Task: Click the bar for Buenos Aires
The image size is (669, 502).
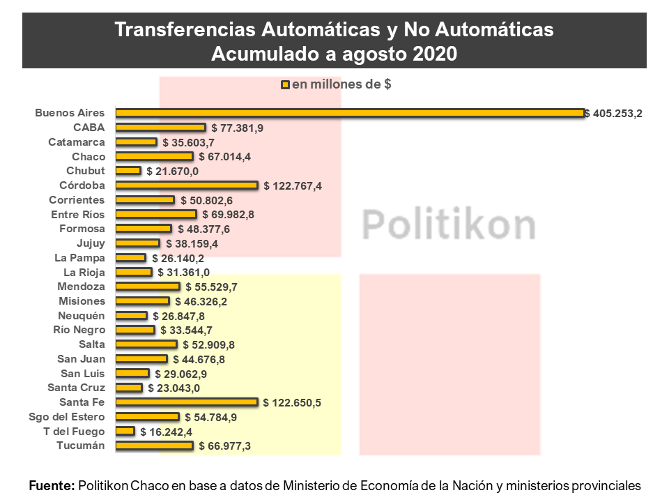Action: pyautogui.click(x=350, y=113)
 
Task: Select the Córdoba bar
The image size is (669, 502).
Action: pyautogui.click(x=187, y=185)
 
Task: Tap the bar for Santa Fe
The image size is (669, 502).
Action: pyautogui.click(x=187, y=402)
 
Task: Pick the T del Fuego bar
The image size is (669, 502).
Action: pyautogui.click(x=125, y=431)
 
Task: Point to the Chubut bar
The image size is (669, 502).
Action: pyautogui.click(x=128, y=171)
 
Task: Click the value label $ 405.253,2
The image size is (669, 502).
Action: pyautogui.click(x=613, y=114)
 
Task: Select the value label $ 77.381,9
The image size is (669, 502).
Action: pyautogui.click(x=237, y=128)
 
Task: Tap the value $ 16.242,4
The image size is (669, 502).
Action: pyautogui.click(x=167, y=432)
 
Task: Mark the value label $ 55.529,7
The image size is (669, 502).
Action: pyautogui.click(x=212, y=287)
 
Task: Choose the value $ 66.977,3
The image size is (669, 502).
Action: pyautogui.click(x=225, y=446)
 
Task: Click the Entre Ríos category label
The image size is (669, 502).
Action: pyautogui.click(x=77, y=214)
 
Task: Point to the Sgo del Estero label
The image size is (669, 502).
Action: pyautogui.click(x=67, y=417)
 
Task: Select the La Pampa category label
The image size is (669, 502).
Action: pyautogui.click(x=79, y=258)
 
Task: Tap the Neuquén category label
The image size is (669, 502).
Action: pyautogui.click(x=82, y=316)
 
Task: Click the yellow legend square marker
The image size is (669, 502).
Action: pyautogui.click(x=286, y=85)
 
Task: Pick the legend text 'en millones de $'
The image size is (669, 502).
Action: pyautogui.click(x=341, y=84)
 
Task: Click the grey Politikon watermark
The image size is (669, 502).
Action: pyautogui.click(x=448, y=224)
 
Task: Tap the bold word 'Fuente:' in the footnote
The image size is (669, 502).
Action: pyautogui.click(x=52, y=486)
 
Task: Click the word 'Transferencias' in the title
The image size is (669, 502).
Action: pyautogui.click(x=185, y=29)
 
